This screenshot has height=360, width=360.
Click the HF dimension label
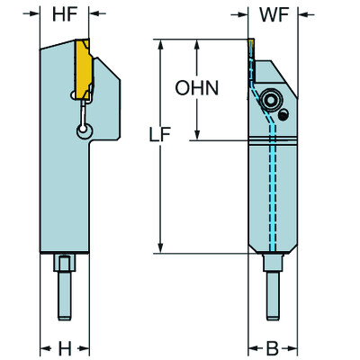[x=64, y=14]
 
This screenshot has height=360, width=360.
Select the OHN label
[x=194, y=88]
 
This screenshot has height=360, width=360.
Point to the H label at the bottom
[x=64, y=347]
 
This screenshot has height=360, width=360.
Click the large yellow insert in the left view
[x=84, y=67]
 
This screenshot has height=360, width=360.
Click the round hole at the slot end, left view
[x=84, y=131]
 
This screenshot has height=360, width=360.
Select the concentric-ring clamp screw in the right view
[x=270, y=99]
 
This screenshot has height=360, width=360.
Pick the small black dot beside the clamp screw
[x=283, y=115]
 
